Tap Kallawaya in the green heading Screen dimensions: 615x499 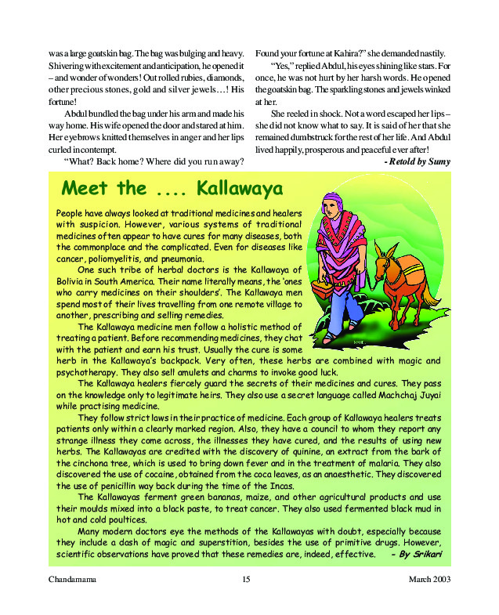click(x=240, y=188)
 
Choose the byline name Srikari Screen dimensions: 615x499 click(x=424, y=555)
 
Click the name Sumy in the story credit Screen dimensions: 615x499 click(x=439, y=160)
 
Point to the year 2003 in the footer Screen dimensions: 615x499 click(x=440, y=579)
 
